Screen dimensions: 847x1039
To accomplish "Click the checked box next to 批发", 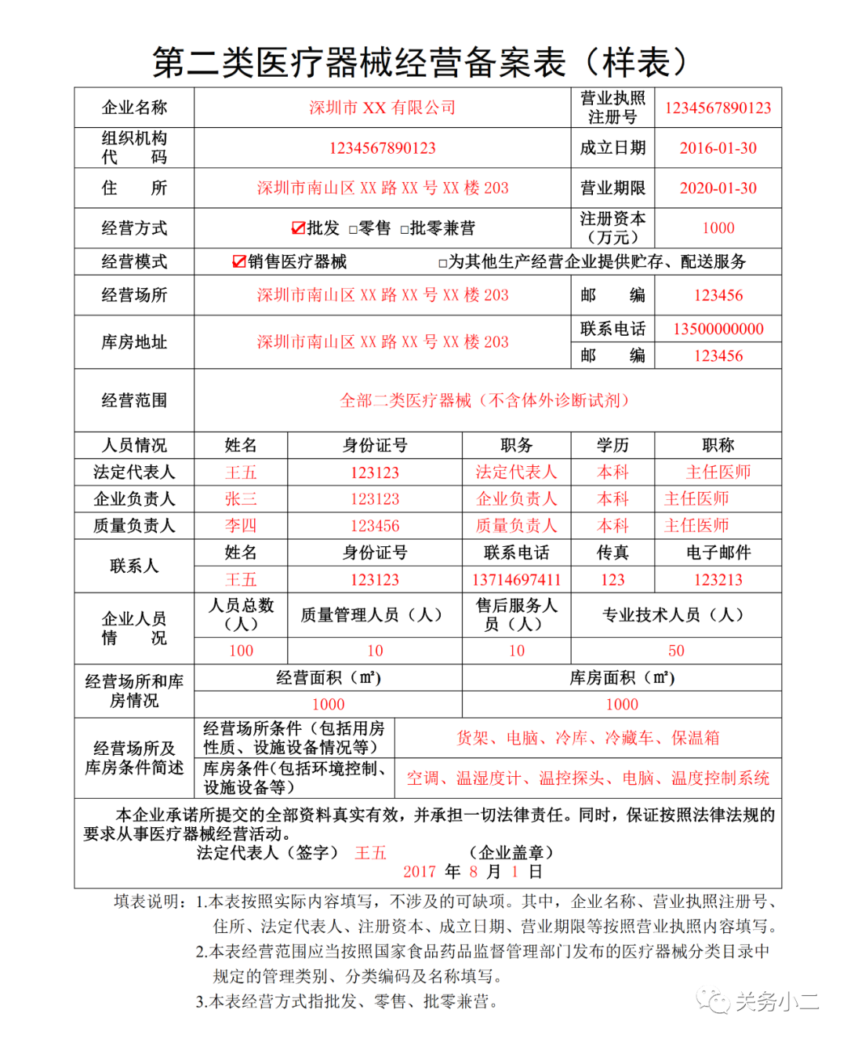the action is (x=298, y=228).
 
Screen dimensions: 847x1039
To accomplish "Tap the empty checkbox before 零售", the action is (x=353, y=230).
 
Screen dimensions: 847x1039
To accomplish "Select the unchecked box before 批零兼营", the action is (x=405, y=230).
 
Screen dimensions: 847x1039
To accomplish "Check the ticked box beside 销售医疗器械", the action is (x=239, y=262).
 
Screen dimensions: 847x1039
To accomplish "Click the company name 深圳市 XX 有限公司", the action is (x=382, y=108).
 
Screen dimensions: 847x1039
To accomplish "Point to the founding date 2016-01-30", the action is (x=718, y=148).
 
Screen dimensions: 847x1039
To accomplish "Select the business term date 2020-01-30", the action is (x=718, y=188).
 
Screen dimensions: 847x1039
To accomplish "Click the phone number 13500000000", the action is (x=718, y=329).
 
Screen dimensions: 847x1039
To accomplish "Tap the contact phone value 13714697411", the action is (x=516, y=580).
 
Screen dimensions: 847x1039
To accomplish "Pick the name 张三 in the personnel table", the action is (x=241, y=499).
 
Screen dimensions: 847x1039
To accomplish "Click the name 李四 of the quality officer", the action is (x=241, y=526).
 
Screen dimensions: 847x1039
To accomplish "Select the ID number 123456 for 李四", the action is (x=375, y=526).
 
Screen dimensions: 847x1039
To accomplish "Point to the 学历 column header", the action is (x=613, y=446).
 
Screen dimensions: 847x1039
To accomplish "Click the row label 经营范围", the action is (x=134, y=400).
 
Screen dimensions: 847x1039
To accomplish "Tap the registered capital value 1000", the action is (x=718, y=228).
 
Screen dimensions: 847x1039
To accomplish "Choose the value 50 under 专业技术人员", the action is (x=676, y=651).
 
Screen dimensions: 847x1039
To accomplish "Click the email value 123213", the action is (x=718, y=580).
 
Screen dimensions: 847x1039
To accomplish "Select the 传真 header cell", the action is (x=613, y=552).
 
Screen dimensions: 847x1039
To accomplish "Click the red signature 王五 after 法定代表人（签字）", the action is (x=370, y=853).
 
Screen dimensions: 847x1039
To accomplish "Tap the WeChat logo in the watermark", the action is (x=714, y=1001).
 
